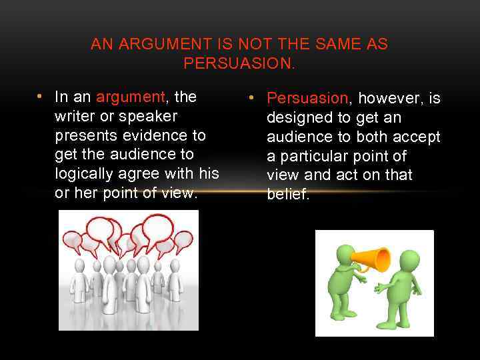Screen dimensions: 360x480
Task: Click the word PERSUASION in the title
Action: pos(239,63)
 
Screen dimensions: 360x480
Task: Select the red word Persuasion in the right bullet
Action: pos(307,99)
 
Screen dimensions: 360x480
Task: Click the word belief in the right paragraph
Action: pos(287,195)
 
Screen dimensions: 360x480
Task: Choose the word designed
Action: pos(297,118)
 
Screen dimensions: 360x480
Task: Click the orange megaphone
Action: pos(373,259)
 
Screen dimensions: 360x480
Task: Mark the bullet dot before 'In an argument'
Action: pos(41,97)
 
